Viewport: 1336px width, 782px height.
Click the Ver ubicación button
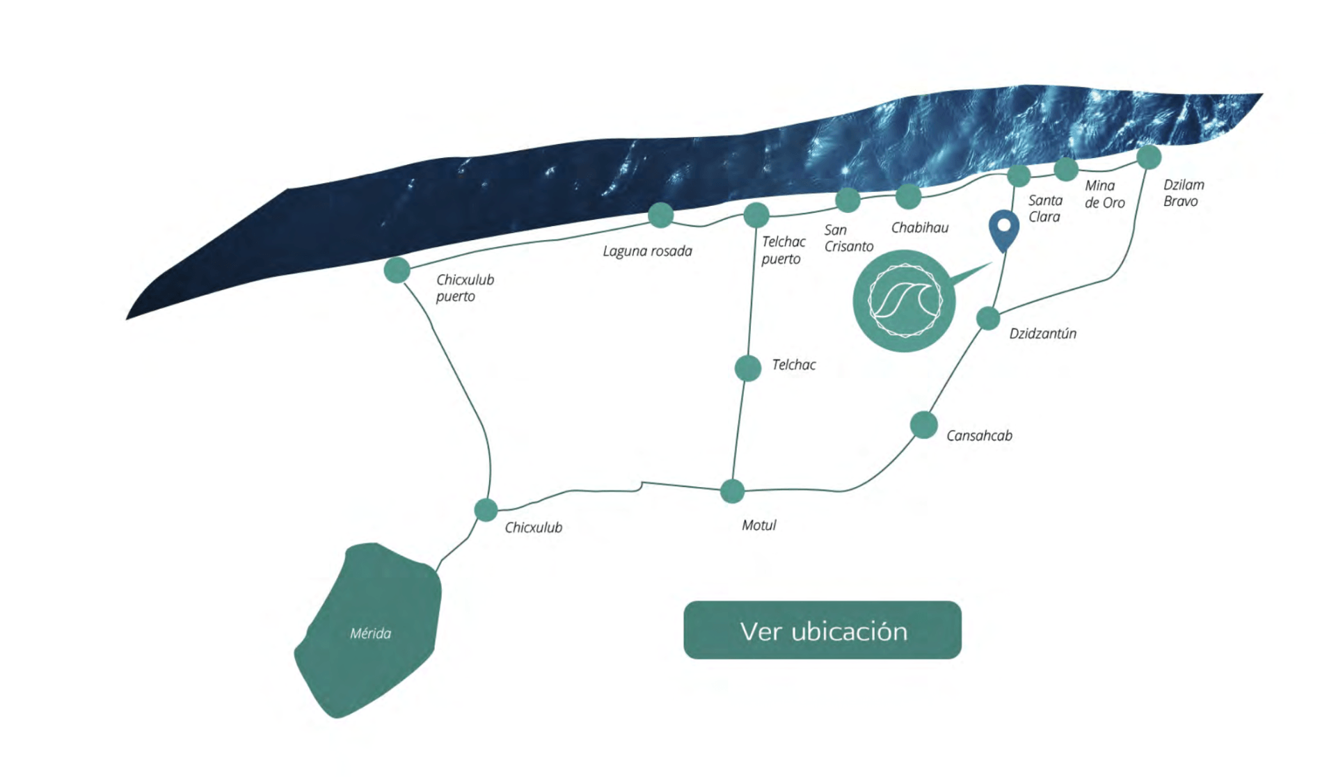pyautogui.click(x=822, y=630)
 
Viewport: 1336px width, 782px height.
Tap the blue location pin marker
pyautogui.click(x=1004, y=230)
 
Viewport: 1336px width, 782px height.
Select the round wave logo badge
pyautogui.click(x=904, y=301)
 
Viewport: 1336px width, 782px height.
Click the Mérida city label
pyautogui.click(x=370, y=633)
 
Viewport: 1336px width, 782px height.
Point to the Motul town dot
pyautogui.click(x=732, y=491)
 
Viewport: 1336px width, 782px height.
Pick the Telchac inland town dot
pyautogui.click(x=748, y=368)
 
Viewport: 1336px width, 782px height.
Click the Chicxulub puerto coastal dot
pyautogui.click(x=397, y=270)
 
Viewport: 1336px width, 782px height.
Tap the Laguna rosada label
pyautogui.click(x=647, y=251)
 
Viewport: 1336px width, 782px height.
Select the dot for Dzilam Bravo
pyautogui.click(x=1149, y=157)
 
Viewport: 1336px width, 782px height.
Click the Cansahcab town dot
pyautogui.click(x=923, y=425)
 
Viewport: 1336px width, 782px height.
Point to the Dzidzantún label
pyautogui.click(x=1042, y=333)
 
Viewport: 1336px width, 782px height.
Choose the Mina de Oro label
pyautogui.click(x=1104, y=194)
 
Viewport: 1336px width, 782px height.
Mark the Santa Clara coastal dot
pyautogui.click(x=1019, y=175)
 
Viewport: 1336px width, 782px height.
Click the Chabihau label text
pyautogui.click(x=919, y=228)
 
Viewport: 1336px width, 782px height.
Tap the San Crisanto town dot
pyautogui.click(x=848, y=200)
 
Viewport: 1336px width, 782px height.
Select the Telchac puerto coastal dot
pyautogui.click(x=756, y=215)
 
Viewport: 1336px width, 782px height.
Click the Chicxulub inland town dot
pyautogui.click(x=486, y=510)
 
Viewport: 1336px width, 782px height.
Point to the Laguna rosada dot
pyautogui.click(x=660, y=215)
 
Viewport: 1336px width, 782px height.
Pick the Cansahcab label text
pyautogui.click(x=979, y=436)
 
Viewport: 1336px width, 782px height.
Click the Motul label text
pyautogui.click(x=758, y=525)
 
